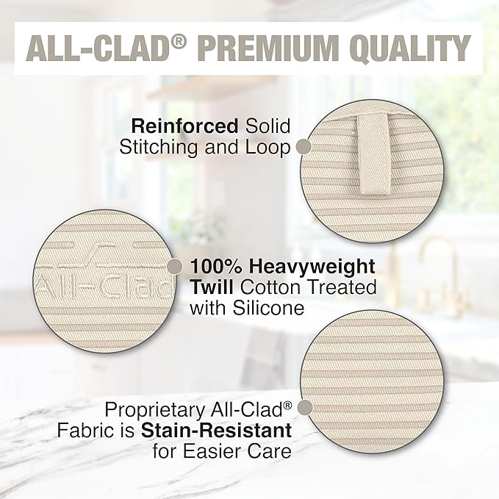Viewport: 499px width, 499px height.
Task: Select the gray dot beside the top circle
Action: [x=302, y=147]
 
